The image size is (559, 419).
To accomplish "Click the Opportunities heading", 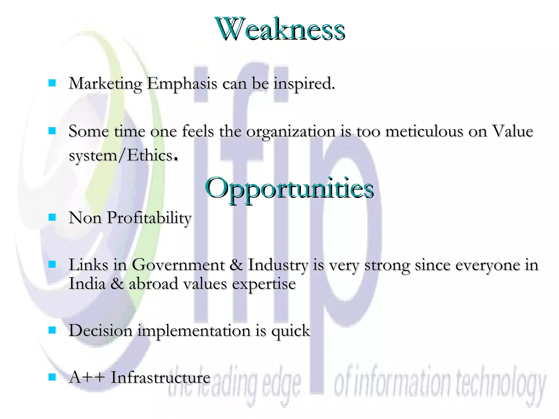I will click(x=289, y=188).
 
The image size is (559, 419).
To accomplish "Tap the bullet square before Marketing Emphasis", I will click(x=52, y=83).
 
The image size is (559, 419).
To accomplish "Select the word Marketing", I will click(x=105, y=83).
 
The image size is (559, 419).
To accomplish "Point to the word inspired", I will click(x=304, y=83).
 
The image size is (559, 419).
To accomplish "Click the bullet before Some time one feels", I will click(x=52, y=131).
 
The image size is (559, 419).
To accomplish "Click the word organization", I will click(x=291, y=132).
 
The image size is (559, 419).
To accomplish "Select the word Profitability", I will click(x=149, y=218).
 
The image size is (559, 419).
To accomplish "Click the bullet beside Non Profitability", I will click(x=52, y=217).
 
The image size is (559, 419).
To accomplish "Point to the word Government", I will click(x=179, y=265).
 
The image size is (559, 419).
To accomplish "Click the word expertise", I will click(x=264, y=284).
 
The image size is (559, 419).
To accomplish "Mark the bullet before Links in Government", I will click(x=52, y=264).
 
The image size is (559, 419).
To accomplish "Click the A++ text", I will click(x=87, y=378).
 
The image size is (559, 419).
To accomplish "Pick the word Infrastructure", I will click(x=160, y=378).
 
